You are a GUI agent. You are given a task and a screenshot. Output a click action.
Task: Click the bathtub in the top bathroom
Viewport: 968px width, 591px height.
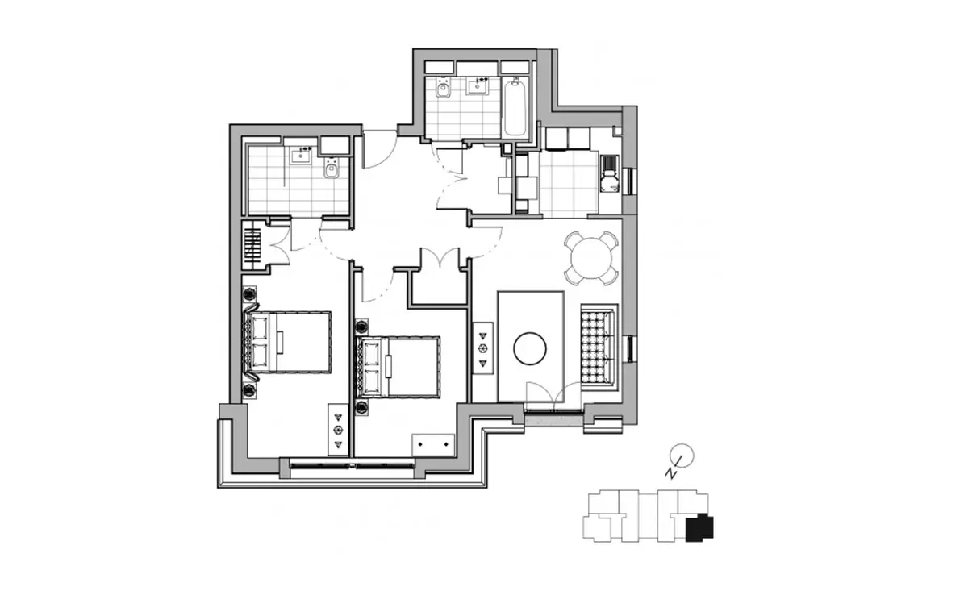tap(515, 106)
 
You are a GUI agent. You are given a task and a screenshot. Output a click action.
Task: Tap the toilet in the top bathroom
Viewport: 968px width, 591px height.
tap(443, 88)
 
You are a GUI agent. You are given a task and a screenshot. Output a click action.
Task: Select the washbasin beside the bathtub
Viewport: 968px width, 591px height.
tap(477, 86)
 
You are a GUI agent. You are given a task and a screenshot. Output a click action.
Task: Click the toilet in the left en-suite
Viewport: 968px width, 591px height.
tap(332, 168)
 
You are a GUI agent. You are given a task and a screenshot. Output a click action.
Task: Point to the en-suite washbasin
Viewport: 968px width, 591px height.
tap(300, 155)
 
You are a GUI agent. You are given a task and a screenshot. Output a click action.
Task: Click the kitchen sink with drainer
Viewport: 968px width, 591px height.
tap(610, 173)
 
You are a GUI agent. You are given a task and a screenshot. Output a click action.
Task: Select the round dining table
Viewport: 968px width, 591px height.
tap(591, 258)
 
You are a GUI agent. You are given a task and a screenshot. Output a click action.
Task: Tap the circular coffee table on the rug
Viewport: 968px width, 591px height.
tap(530, 348)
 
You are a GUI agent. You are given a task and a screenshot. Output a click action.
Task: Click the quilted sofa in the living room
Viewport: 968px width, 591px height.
tap(599, 347)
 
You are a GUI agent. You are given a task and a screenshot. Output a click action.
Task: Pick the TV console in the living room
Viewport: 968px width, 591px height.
tap(482, 348)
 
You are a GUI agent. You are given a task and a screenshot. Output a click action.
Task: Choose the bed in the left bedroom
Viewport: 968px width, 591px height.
tap(287, 342)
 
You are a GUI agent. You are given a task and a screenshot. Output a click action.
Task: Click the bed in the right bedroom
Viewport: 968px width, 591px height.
tap(398, 367)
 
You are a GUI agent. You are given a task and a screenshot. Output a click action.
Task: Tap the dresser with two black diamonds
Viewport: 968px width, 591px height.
tap(433, 444)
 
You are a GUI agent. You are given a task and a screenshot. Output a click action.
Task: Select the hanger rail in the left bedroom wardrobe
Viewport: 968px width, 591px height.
tap(252, 246)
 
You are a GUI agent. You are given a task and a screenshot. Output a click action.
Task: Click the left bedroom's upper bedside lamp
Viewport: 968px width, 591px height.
tap(249, 294)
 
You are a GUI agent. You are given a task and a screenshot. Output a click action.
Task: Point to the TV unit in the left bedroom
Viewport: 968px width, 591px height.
tap(338, 430)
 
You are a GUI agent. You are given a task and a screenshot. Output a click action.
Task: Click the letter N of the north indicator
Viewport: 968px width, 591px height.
tap(670, 473)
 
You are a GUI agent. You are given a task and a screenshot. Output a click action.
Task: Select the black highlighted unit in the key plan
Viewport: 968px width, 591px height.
tap(699, 527)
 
